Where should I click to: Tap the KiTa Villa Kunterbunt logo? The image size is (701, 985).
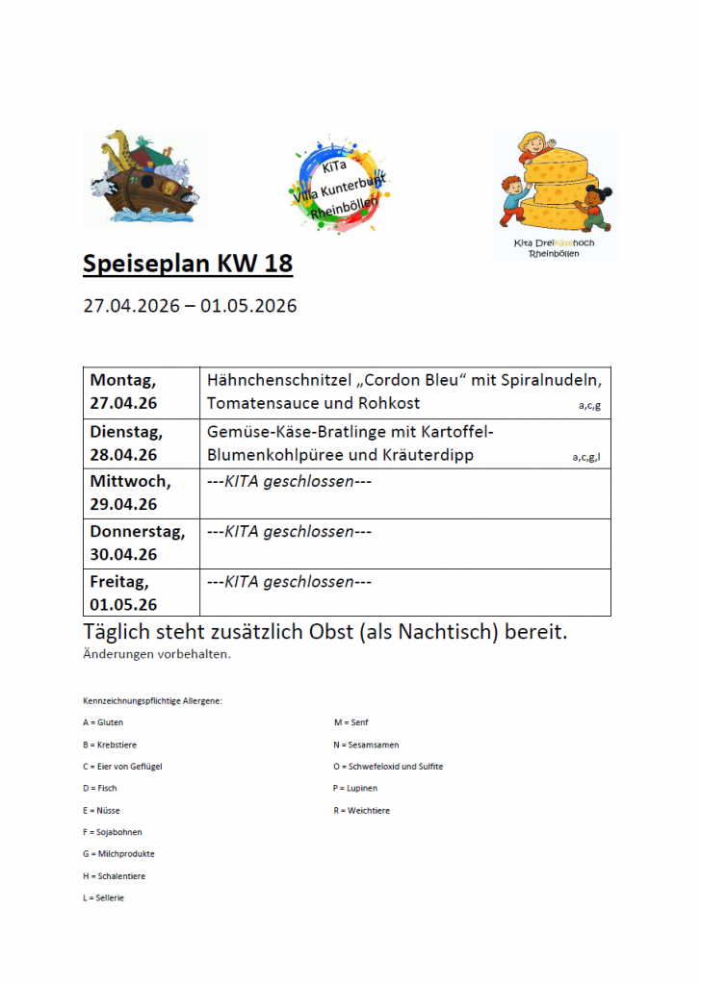tap(337, 184)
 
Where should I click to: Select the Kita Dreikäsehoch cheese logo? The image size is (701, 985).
tap(556, 193)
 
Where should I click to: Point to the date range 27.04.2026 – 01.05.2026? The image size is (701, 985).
tap(190, 306)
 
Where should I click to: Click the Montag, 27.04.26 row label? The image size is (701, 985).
tap(124, 391)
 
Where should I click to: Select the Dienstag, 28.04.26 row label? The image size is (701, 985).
tap(127, 442)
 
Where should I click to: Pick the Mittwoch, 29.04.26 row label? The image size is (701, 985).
tap(130, 492)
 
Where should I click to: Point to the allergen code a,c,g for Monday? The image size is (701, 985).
tap(589, 406)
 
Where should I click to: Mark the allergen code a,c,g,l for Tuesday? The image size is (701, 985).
tap(586, 457)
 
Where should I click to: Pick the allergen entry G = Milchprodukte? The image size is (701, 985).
tap(119, 853)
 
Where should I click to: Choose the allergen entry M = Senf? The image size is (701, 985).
tap(351, 721)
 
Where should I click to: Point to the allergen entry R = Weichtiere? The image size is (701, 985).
tap(362, 810)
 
